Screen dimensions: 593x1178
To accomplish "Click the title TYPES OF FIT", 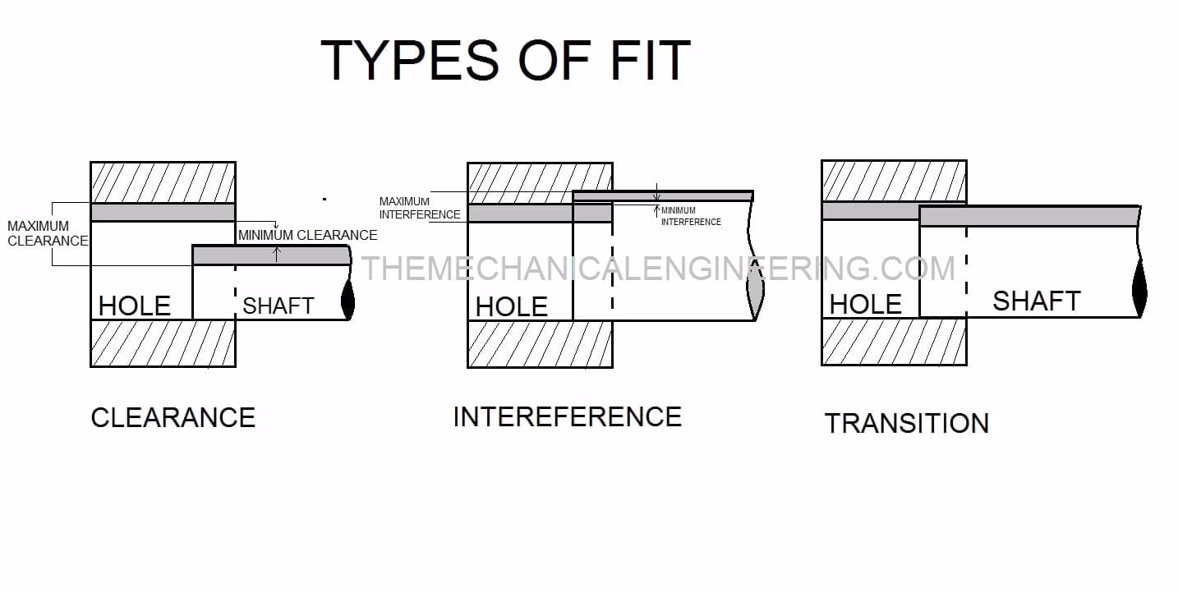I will [x=505, y=60].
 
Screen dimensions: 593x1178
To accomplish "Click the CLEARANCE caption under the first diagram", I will [x=173, y=417].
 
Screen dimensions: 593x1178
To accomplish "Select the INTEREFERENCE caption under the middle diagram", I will [x=567, y=416].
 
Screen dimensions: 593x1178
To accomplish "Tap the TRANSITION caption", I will [x=906, y=423].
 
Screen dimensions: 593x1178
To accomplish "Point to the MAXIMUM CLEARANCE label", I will [x=46, y=233].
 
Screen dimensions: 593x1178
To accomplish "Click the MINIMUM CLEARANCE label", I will [x=308, y=235].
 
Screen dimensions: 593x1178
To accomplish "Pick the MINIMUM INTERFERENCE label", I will [x=690, y=216].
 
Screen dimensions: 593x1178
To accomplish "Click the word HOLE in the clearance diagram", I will [x=134, y=306].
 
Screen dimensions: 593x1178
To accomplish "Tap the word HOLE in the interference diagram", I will [x=511, y=306].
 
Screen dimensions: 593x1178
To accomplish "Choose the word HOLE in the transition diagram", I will [x=865, y=305].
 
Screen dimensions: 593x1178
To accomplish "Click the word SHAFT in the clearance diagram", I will [x=278, y=306].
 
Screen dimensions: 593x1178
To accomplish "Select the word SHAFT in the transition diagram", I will [x=1036, y=301].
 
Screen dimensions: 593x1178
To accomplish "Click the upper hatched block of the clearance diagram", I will [x=163, y=182].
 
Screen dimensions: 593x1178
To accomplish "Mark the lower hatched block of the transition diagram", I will [x=894, y=341].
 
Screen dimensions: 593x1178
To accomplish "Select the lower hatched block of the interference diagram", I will [x=540, y=343].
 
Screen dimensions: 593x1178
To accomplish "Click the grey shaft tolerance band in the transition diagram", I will [x=1028, y=216].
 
